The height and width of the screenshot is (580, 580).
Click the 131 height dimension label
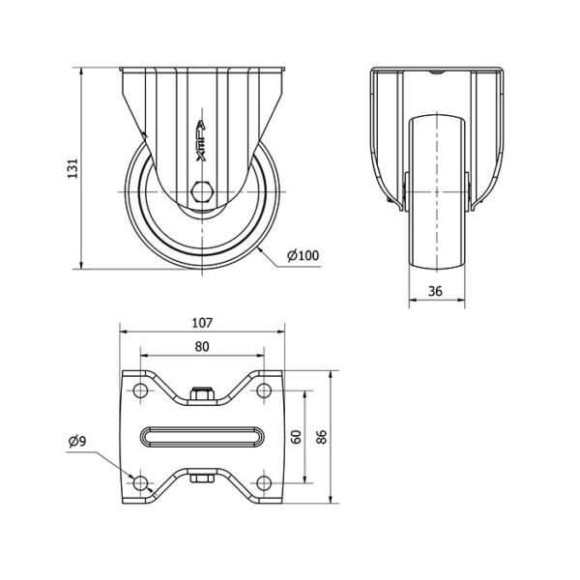coord(72,168)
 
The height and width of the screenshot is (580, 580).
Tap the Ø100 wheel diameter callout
coord(303,255)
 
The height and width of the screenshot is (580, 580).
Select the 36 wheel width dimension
coord(435,292)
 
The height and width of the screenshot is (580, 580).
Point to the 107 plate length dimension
coord(202,323)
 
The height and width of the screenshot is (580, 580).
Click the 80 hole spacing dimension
coord(202,347)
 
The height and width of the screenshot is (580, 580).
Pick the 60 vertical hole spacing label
coord(297,437)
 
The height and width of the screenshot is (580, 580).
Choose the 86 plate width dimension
coord(322,437)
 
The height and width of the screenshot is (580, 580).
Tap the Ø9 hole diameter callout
coord(77,441)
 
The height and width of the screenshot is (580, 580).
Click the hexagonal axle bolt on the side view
coord(202,191)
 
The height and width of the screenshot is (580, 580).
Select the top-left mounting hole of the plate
coord(140,391)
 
